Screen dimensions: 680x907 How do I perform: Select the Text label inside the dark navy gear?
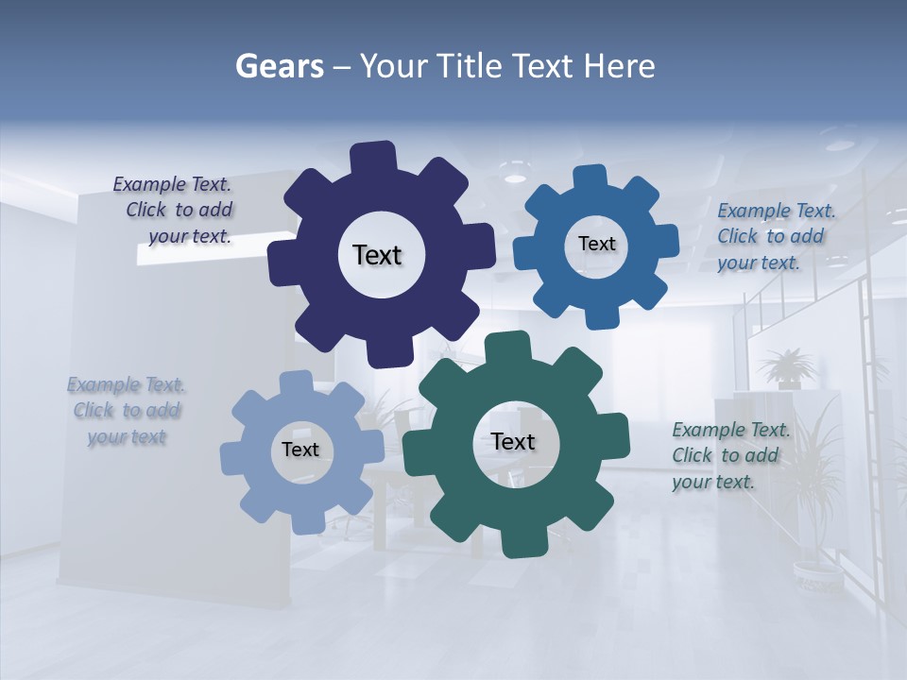[377, 255]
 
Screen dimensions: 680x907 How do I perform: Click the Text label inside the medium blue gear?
[596, 244]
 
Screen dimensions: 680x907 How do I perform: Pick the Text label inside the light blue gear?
[300, 450]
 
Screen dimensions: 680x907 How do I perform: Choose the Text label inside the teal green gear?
[513, 441]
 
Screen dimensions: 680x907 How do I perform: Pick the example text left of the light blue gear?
[126, 411]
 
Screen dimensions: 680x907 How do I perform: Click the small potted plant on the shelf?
[786, 368]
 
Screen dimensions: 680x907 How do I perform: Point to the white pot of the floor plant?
[816, 572]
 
